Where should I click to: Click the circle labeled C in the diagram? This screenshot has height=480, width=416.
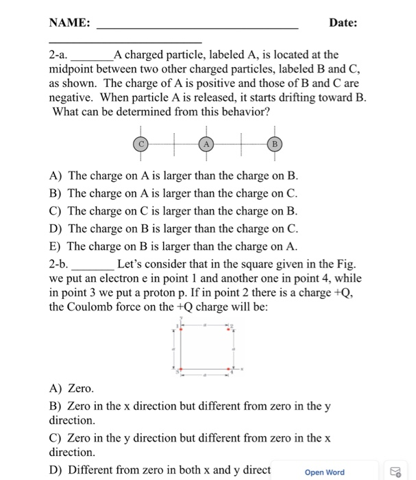[140, 145]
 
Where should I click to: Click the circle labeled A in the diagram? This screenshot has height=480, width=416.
[206, 145]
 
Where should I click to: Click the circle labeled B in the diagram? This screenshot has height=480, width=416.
[273, 145]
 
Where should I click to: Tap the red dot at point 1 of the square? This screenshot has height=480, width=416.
[180, 330]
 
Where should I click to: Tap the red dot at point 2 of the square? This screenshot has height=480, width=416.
[229, 330]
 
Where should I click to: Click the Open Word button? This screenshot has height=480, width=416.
[325, 472]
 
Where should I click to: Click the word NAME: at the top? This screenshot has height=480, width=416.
[69, 23]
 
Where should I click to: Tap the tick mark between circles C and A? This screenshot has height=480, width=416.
[173, 145]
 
